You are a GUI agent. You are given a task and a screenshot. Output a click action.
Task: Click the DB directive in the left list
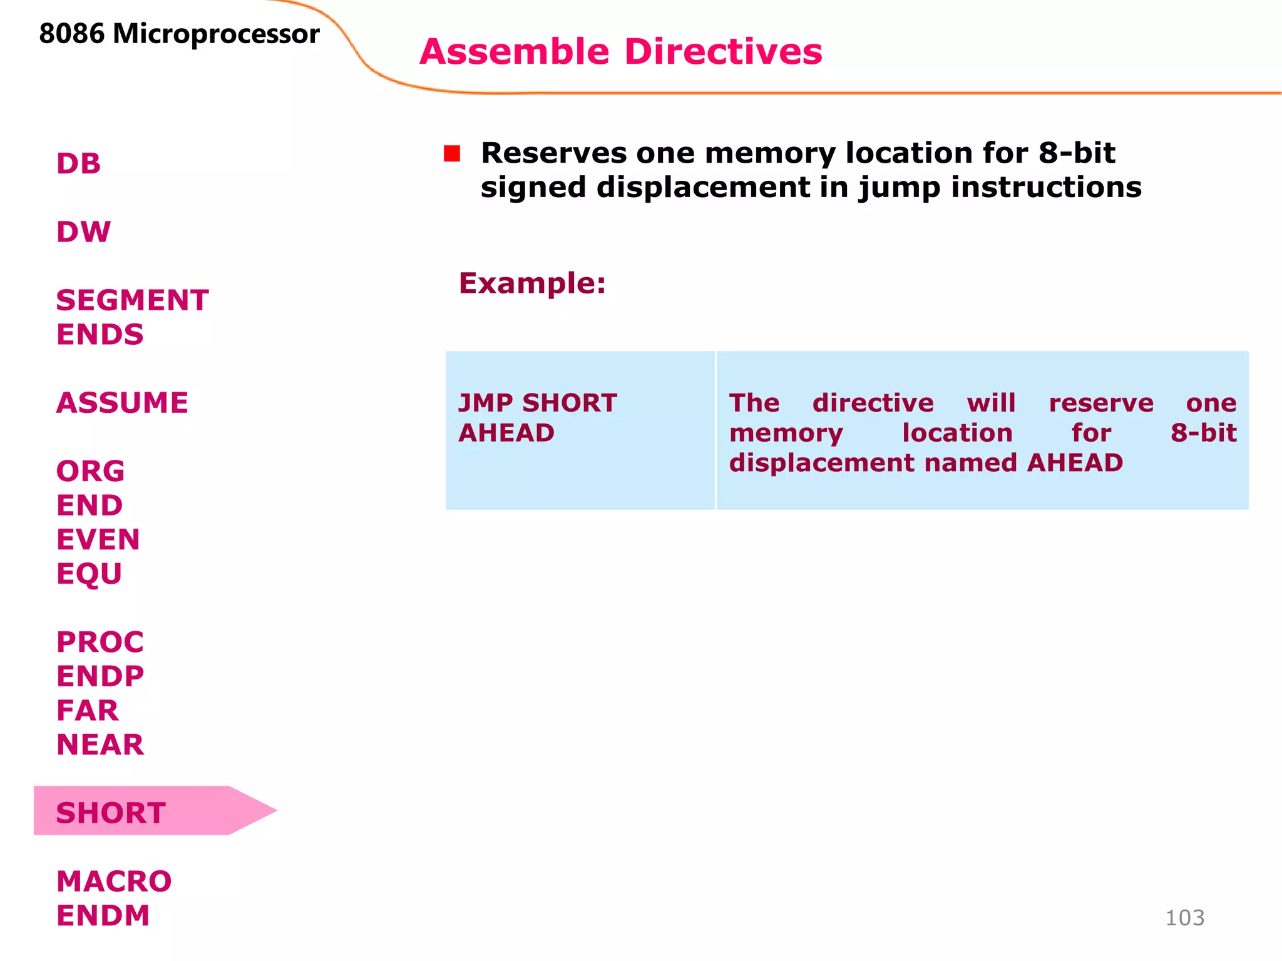coord(78,164)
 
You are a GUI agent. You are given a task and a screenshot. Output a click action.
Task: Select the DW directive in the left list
coord(83,232)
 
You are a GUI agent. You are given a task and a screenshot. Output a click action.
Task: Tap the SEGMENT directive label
coord(132,300)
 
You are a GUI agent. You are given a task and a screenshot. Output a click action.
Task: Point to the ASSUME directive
coord(122,403)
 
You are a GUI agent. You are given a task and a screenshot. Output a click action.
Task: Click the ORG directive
coord(90,471)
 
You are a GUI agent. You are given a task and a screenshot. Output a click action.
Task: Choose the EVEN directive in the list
coord(98,539)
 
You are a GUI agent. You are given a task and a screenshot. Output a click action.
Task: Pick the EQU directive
coord(89,574)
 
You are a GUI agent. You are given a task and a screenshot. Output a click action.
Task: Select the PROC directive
coord(100,642)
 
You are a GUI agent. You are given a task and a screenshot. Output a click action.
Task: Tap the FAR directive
coord(87,711)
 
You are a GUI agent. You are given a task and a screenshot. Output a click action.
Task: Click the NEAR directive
coord(100,745)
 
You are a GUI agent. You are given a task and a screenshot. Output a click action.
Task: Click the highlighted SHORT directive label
coord(111,813)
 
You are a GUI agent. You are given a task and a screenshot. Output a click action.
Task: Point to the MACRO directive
coord(114,882)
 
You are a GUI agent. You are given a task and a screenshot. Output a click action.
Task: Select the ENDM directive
coord(103,916)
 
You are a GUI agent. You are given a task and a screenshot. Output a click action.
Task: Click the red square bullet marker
coord(452,154)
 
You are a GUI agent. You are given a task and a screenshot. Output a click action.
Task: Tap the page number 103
coord(1184,918)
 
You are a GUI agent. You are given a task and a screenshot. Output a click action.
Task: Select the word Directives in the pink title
coord(723,51)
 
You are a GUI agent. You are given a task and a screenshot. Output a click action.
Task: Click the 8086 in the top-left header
coord(71,34)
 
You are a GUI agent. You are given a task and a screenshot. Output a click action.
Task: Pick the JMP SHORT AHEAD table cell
coord(580,430)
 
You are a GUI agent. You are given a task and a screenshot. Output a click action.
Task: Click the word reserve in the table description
coord(1100,404)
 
